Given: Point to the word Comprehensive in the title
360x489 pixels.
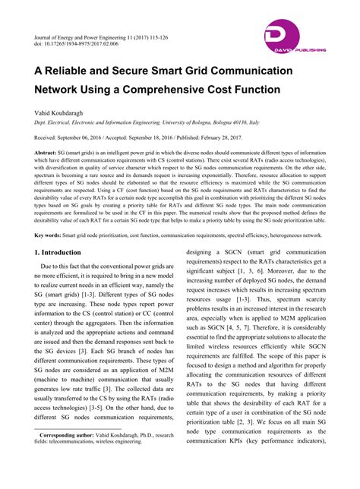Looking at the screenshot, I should click(x=174, y=88).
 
